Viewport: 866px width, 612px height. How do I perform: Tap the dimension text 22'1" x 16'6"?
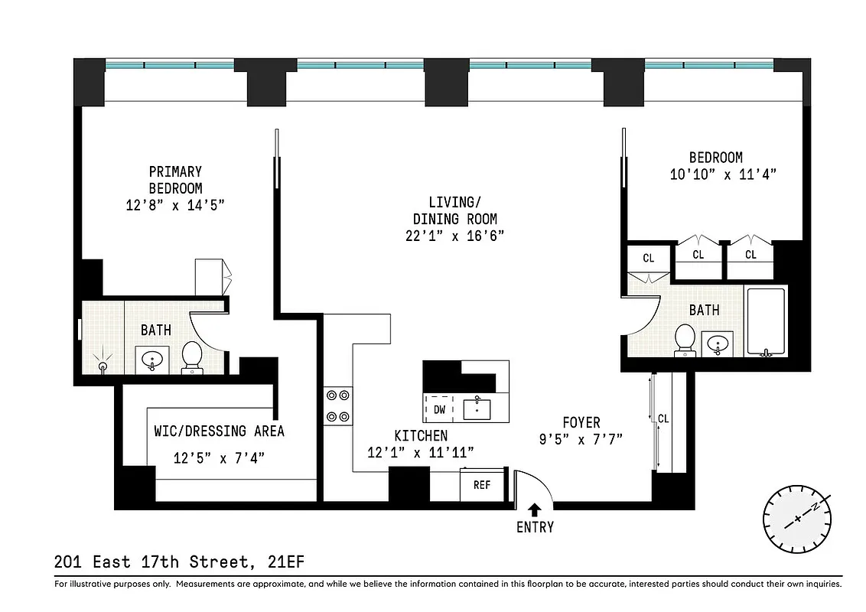(454, 236)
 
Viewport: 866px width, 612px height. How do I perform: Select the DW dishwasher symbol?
(439, 409)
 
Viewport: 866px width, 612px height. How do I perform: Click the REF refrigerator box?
(481, 485)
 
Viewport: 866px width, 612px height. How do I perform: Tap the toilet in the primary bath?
(191, 356)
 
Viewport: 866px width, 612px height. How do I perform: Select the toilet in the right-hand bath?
(685, 340)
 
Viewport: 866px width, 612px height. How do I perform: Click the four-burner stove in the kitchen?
(337, 406)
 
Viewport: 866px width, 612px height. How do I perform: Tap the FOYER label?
(581, 422)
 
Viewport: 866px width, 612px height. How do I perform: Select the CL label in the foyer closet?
(663, 418)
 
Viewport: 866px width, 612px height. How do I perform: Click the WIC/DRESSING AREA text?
(219, 431)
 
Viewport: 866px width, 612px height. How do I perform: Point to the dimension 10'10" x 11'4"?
(723, 174)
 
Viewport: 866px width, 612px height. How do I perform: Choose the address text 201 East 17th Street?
(153, 562)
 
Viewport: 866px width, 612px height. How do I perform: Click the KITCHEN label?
(421, 435)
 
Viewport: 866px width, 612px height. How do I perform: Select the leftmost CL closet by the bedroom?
(648, 258)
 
